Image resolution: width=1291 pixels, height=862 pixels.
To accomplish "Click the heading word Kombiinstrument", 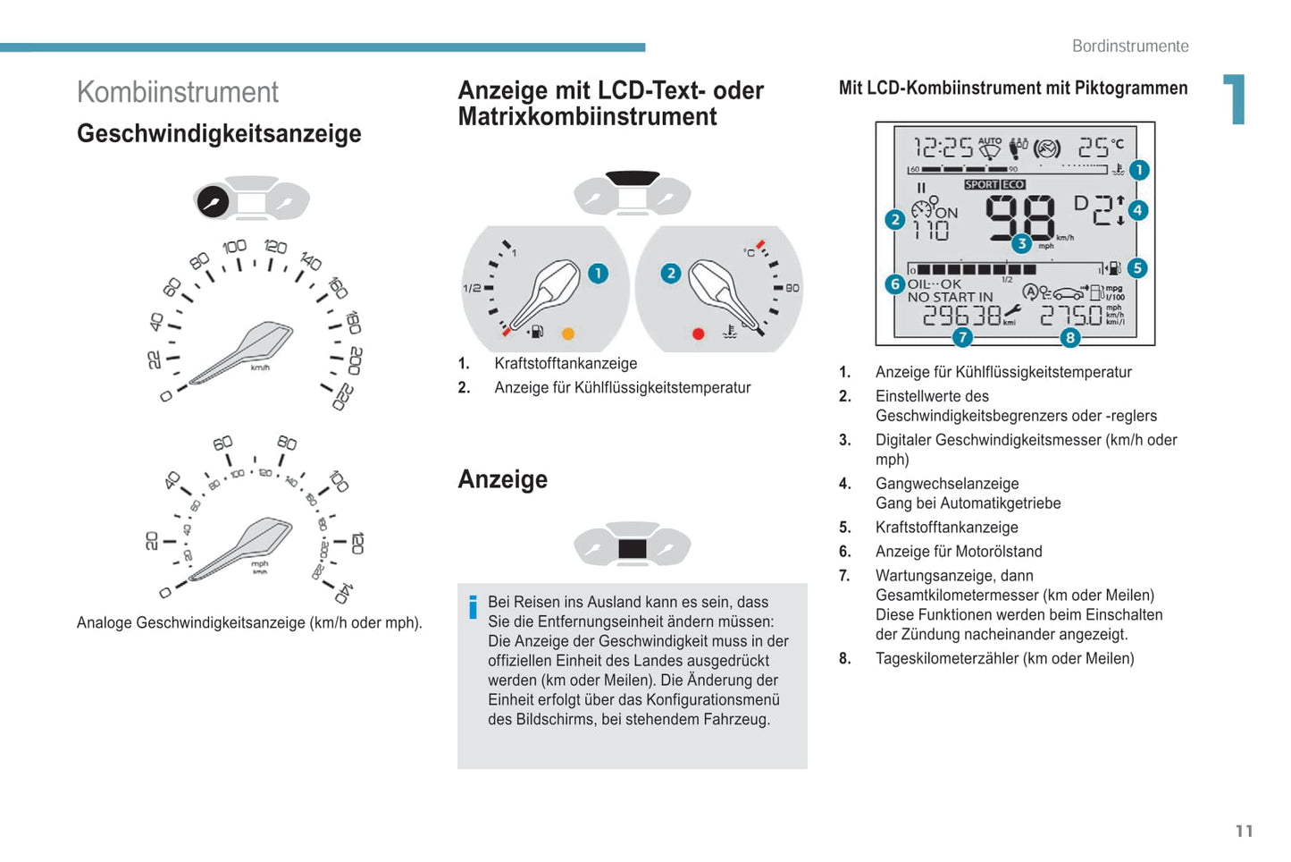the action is [x=178, y=92].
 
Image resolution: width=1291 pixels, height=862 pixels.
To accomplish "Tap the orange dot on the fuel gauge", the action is [x=567, y=334].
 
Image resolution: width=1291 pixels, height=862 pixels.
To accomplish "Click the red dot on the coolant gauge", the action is [x=698, y=334].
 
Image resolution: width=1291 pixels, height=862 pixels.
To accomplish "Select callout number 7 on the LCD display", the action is [x=962, y=337].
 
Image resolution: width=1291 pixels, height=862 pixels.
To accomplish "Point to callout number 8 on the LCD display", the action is [x=1069, y=337].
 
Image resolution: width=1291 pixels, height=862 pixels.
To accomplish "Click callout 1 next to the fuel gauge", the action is [x=599, y=273].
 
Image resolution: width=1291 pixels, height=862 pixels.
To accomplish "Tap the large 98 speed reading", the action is [x=1019, y=217].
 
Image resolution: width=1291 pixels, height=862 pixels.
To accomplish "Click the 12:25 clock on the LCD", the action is [x=943, y=148].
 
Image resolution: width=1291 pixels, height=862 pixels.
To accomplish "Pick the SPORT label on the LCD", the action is [x=982, y=184].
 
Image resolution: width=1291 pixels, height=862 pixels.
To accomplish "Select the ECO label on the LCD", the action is [x=1012, y=184].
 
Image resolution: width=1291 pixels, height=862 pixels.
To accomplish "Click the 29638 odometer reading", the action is [x=961, y=316].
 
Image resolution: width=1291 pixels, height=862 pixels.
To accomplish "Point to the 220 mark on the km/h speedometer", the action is [x=344, y=397].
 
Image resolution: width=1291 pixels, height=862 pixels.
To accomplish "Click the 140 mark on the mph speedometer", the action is [x=343, y=594].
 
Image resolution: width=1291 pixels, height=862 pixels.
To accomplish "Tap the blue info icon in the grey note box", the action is [x=474, y=607].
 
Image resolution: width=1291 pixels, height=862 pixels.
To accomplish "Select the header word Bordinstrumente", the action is [x=1130, y=46].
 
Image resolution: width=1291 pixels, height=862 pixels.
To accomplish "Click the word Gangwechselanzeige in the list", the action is [x=947, y=484].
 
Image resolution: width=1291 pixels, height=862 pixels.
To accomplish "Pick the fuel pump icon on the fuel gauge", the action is [x=537, y=332].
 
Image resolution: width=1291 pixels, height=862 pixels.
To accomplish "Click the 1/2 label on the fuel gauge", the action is [x=472, y=288].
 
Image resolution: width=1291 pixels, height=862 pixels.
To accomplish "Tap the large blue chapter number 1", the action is [x=1235, y=98].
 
